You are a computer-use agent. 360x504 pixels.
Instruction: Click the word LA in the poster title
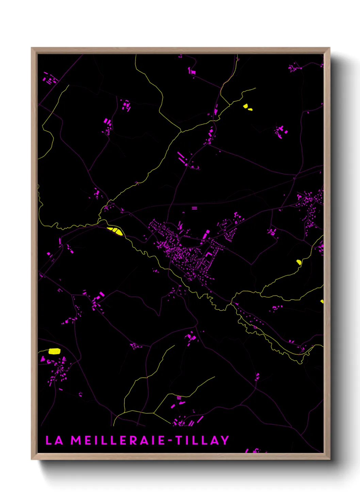[54, 440]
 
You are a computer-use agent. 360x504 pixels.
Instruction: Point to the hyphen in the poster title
[171, 441]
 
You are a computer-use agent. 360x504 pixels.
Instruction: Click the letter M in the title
[76, 440]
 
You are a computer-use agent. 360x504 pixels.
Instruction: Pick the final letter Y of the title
[225, 440]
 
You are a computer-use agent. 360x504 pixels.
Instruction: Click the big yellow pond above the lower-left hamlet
[54, 351]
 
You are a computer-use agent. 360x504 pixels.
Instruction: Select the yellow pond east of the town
[299, 262]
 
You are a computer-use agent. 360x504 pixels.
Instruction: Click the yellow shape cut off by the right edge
[322, 301]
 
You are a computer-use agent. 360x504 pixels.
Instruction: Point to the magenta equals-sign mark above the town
[194, 208]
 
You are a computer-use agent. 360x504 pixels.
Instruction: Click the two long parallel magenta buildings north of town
[182, 158]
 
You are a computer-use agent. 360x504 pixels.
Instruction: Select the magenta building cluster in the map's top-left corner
[49, 79]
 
